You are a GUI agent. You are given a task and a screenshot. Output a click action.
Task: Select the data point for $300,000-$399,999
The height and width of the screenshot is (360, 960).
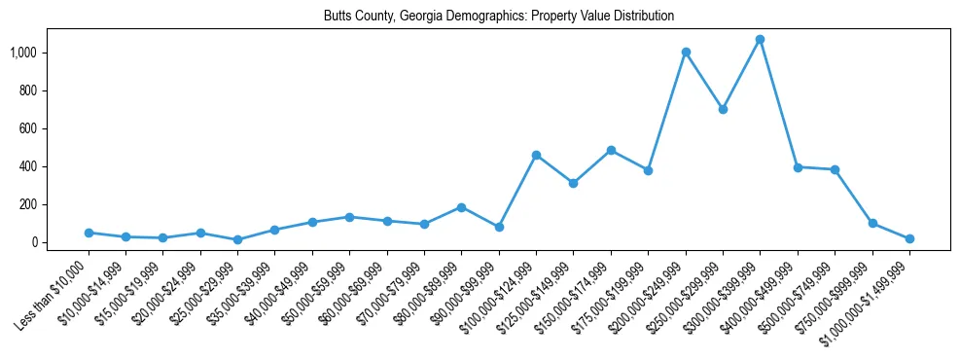click(761, 40)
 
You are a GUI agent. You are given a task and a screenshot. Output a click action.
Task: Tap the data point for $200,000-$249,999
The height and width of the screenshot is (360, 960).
click(686, 53)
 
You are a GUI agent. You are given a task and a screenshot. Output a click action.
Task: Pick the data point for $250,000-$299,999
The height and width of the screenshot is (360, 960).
click(723, 109)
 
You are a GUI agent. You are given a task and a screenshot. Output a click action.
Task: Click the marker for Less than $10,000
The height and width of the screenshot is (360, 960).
click(89, 233)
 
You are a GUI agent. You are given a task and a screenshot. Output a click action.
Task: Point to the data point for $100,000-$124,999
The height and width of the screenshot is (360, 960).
click(536, 155)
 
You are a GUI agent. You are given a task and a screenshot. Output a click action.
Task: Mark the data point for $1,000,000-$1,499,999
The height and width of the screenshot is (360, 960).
click(909, 238)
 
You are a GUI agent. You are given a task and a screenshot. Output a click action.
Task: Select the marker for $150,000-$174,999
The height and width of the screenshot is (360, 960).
click(611, 150)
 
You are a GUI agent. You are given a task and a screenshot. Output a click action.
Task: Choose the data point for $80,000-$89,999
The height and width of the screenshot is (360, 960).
click(462, 207)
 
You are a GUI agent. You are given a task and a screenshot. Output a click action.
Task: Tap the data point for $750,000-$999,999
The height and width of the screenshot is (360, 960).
click(872, 223)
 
